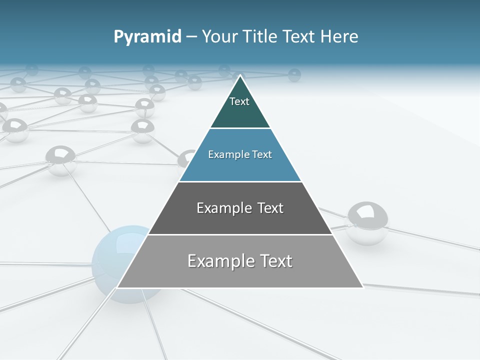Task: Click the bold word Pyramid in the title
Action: click(x=147, y=37)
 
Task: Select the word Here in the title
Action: click(x=339, y=37)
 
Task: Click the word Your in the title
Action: click(x=220, y=37)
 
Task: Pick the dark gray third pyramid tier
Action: click(x=240, y=220)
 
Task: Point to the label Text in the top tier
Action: click(x=239, y=101)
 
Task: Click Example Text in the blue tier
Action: click(x=240, y=154)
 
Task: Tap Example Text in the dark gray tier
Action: click(x=240, y=208)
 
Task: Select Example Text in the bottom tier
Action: click(x=240, y=261)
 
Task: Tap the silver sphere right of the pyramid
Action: click(x=367, y=222)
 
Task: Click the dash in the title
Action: click(x=191, y=37)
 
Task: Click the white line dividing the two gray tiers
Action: click(x=240, y=234)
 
